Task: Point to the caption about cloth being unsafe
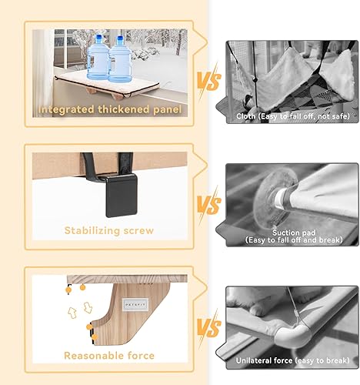(292, 116)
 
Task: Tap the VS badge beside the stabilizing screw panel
(205, 206)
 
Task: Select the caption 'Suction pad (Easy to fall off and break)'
(292, 236)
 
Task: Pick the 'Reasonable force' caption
(108, 356)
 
